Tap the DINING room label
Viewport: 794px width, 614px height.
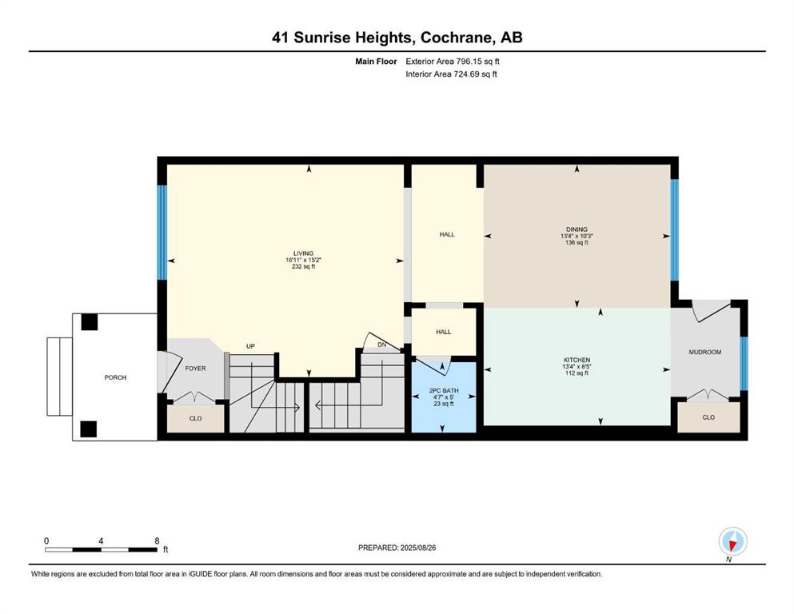(x=576, y=229)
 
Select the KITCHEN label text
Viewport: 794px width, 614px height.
(x=576, y=360)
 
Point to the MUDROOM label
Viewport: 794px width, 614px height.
(x=705, y=352)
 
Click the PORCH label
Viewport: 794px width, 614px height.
(x=115, y=377)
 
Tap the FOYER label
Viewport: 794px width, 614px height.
(x=196, y=369)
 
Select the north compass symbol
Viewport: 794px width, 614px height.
(x=732, y=541)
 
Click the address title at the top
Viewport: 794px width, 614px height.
(x=397, y=38)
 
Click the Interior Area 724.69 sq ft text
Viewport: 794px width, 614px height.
(x=452, y=74)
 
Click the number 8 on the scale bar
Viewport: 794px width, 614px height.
(x=157, y=540)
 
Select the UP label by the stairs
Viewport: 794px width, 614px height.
(x=250, y=346)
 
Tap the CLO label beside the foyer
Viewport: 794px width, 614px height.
(x=195, y=418)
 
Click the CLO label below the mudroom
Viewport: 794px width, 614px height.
(x=708, y=417)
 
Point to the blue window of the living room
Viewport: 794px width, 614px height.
(x=162, y=232)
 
